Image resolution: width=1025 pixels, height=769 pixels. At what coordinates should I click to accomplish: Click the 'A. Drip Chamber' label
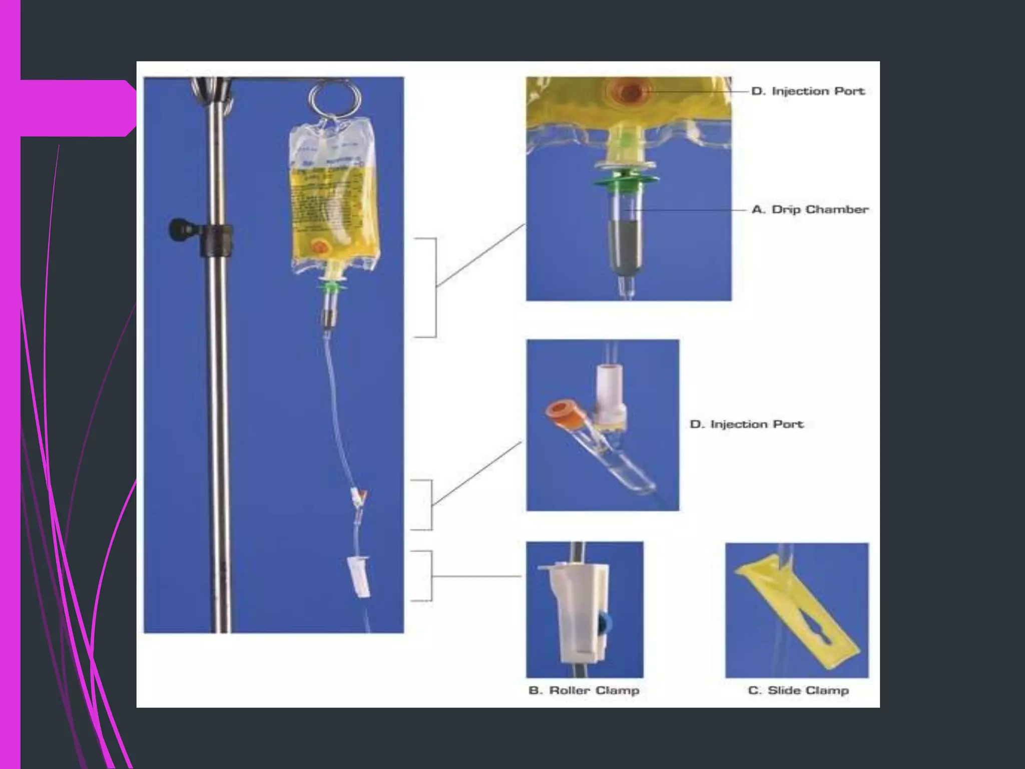click(810, 209)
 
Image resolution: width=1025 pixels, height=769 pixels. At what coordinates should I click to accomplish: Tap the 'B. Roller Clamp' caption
click(584, 690)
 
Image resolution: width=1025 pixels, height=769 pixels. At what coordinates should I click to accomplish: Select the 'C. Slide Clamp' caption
click(798, 690)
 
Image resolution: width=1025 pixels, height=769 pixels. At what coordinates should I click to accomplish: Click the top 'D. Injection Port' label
click(808, 91)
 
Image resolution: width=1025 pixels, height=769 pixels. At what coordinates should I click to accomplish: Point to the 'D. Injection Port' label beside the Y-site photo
click(746, 424)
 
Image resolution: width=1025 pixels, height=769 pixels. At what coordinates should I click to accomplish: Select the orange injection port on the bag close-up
click(629, 92)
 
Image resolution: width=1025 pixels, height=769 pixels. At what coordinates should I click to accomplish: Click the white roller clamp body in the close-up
click(580, 616)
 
